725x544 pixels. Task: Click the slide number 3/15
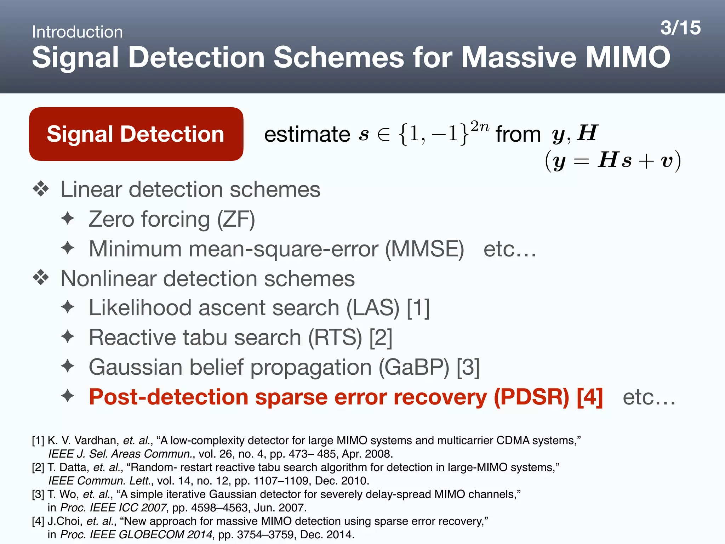(680, 28)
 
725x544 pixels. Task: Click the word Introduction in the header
(77, 32)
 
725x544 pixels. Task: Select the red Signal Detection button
(136, 134)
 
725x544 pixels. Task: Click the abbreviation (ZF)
(236, 220)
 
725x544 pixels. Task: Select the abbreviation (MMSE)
(424, 249)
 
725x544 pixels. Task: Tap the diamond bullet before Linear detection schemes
(41, 189)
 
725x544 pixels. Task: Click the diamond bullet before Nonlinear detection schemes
(41, 278)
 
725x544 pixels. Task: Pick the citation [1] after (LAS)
(418, 308)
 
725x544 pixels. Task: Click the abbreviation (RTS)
(335, 338)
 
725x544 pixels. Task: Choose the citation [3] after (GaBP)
(468, 367)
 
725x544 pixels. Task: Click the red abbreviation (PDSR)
(531, 397)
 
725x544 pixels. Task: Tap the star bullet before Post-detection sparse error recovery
(68, 396)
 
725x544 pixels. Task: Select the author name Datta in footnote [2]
(74, 467)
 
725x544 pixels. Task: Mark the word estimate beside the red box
(307, 135)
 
